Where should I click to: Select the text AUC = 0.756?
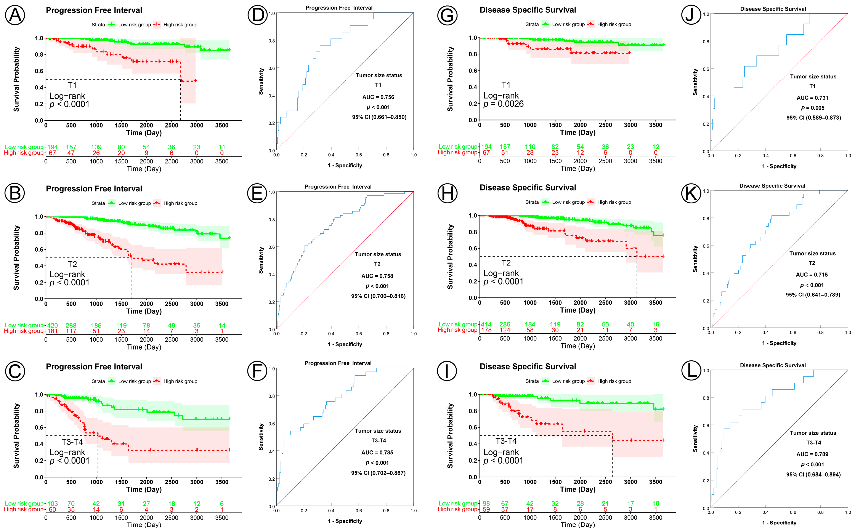pyautogui.click(x=378, y=97)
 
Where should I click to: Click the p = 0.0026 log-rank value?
pyautogui.click(x=503, y=104)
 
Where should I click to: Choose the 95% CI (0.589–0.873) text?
pyautogui.click(x=813, y=118)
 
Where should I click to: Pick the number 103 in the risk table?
pyautogui.click(x=52, y=504)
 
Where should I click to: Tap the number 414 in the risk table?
pyautogui.click(x=486, y=324)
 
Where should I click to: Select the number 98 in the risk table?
pyautogui.click(x=486, y=504)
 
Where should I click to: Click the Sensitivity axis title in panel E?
pyautogui.click(x=261, y=260)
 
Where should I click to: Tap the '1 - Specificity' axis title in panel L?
pyautogui.click(x=779, y=523)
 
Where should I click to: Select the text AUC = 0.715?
pyautogui.click(x=812, y=275)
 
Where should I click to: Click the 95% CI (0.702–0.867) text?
pyautogui.click(x=378, y=473)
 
